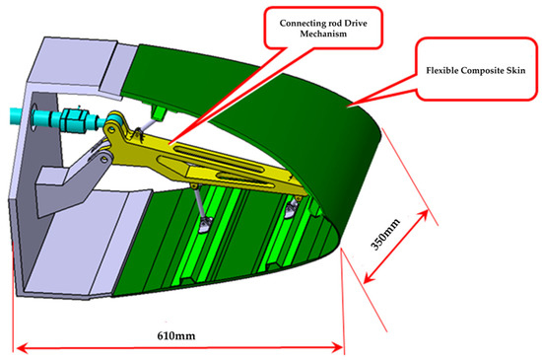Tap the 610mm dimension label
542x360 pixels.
(x=177, y=336)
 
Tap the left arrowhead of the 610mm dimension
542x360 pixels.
(x=18, y=346)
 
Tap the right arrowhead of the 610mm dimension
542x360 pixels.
(x=340, y=346)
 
